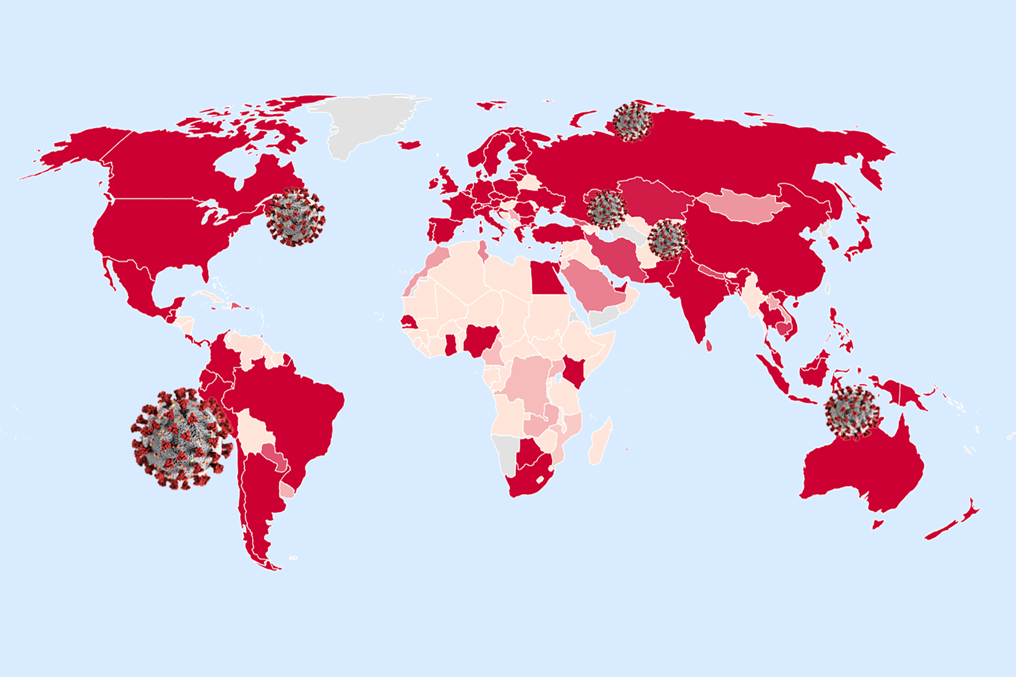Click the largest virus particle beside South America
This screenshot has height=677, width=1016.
[x=181, y=438]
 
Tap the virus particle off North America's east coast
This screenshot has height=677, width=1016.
[x=295, y=217]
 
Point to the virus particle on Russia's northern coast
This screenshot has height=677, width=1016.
[x=633, y=121]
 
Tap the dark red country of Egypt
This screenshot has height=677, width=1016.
[x=547, y=278]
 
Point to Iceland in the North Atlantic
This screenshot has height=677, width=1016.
[x=409, y=145]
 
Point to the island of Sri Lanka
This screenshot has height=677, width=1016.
[x=709, y=345]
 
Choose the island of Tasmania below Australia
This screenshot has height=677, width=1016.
[x=877, y=524]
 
